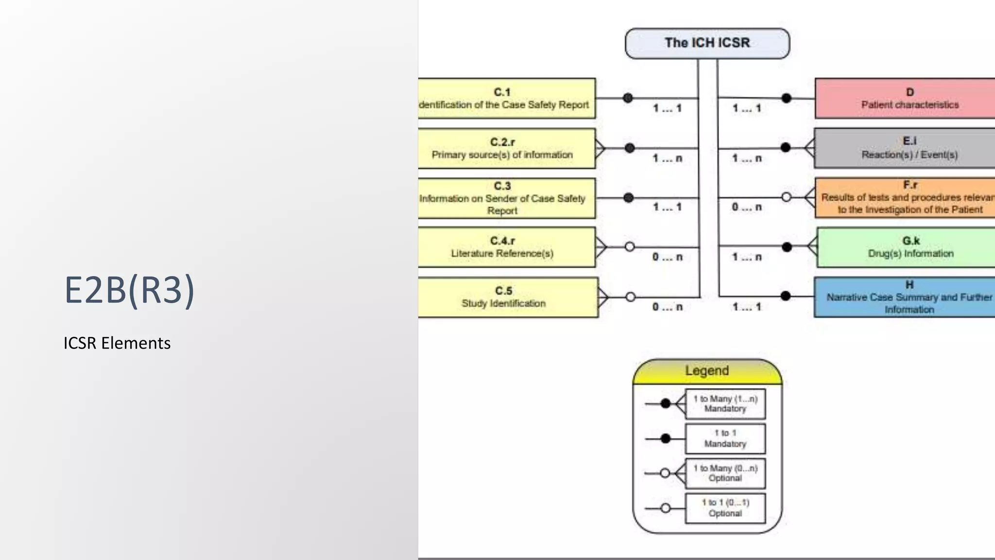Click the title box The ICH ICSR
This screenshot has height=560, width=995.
click(x=707, y=43)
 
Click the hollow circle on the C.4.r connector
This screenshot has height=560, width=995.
click(x=630, y=247)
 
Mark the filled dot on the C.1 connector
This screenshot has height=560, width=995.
click(x=628, y=98)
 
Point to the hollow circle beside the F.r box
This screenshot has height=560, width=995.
click(x=786, y=197)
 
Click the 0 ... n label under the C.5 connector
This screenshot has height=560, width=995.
click(x=668, y=307)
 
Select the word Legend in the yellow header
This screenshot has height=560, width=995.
click(x=707, y=371)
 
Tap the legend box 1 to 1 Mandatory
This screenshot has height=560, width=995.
click(x=725, y=438)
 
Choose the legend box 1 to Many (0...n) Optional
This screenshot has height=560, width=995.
click(x=725, y=473)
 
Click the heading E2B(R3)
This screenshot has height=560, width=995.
click(x=129, y=290)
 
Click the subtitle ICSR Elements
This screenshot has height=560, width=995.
click(x=117, y=343)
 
